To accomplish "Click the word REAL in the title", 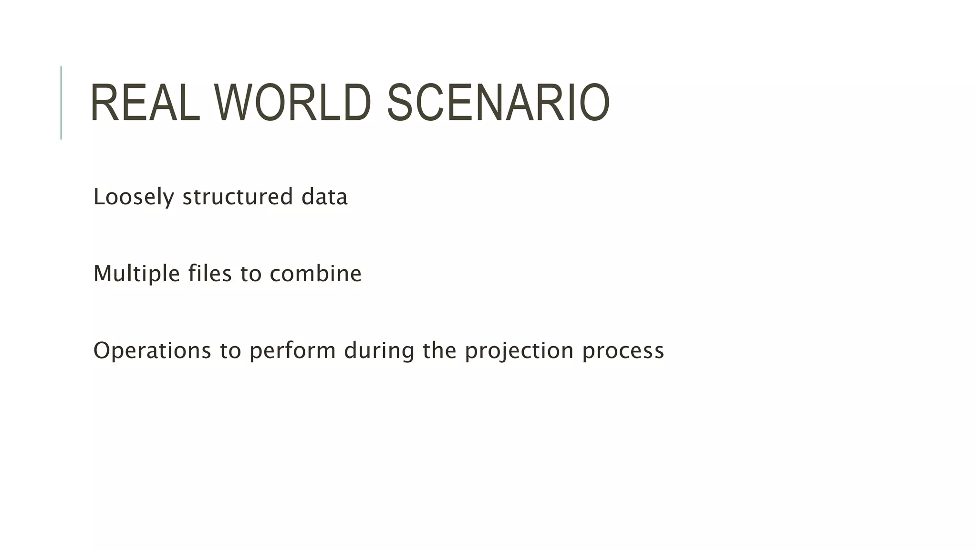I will pos(145,103).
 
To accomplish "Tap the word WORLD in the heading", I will pos(292,103).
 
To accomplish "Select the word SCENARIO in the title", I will pos(498,103).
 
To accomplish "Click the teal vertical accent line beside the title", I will pos(61,103).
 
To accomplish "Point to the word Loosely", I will pos(134,197).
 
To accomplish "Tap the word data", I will pos(324,197).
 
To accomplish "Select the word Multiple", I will pos(136,274).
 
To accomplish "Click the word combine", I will pos(315,274).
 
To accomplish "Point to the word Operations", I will pos(152,351).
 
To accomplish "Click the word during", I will pos(379,351).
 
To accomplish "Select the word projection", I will pos(519,351).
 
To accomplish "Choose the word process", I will pos(623,351).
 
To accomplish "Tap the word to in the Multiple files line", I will pos(250,274).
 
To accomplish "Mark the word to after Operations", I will pos(230,351).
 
